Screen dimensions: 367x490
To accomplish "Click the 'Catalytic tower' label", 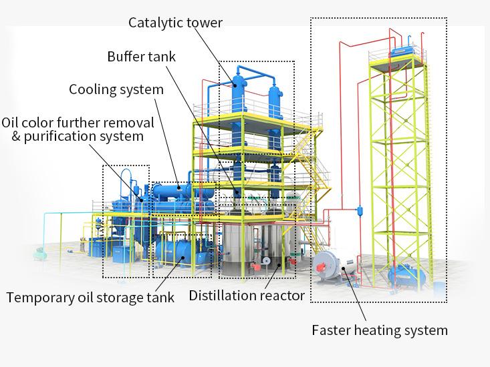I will (x=176, y=23).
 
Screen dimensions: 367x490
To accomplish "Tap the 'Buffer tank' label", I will (x=142, y=56).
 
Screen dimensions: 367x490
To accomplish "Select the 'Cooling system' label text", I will (x=116, y=89).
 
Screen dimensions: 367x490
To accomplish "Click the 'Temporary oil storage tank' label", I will (x=90, y=298).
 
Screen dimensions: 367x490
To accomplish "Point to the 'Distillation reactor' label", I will (x=247, y=295).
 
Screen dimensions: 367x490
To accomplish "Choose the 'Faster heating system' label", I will (x=380, y=330).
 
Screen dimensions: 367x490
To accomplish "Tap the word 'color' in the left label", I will (x=39, y=122).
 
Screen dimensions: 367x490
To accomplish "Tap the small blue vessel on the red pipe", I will (x=359, y=209).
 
